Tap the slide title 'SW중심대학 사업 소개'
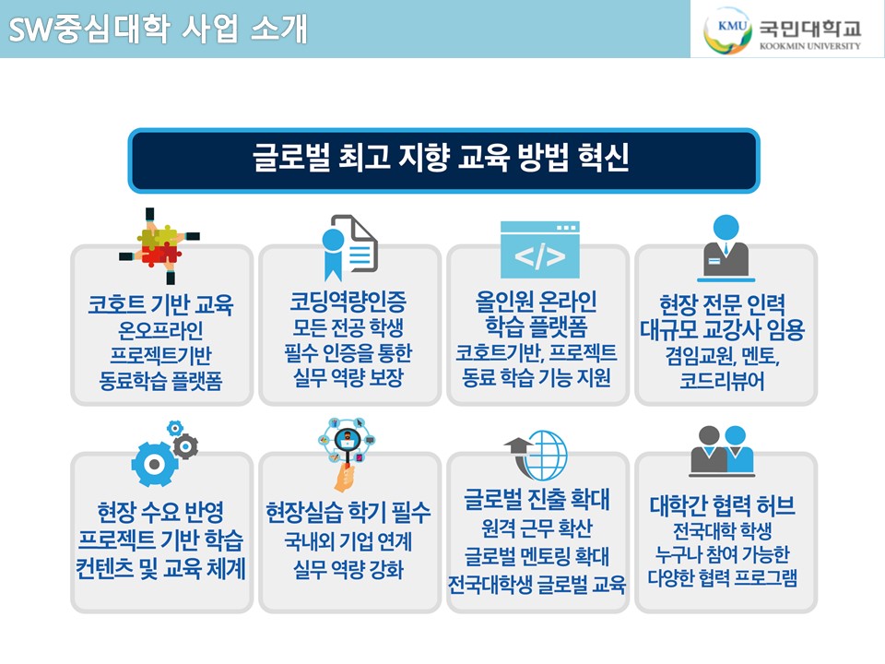(158, 29)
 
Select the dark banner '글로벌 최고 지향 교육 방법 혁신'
(443, 160)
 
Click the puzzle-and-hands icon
(159, 245)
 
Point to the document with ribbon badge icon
(349, 247)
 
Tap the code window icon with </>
(540, 250)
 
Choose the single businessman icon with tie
(726, 248)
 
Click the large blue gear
(154, 464)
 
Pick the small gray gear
(185, 447)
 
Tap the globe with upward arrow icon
(536, 455)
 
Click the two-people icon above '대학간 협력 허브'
(722, 451)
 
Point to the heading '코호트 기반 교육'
(160, 304)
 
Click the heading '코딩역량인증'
(348, 302)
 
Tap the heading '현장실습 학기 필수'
(348, 512)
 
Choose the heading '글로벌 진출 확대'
(537, 499)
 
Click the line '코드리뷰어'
(722, 381)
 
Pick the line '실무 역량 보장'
(348, 377)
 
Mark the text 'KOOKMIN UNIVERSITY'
(810, 46)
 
